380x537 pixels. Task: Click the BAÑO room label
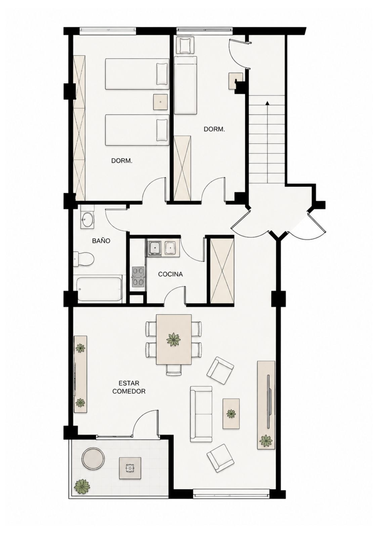coord(101,241)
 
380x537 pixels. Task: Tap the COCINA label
coord(170,274)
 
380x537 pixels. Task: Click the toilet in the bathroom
coord(84,259)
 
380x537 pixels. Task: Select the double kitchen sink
coord(163,248)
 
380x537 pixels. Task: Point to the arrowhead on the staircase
coord(267,103)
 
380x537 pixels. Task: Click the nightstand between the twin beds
coord(160,102)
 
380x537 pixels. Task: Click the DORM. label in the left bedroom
coord(122,161)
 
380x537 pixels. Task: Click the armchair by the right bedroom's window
coord(185,45)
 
